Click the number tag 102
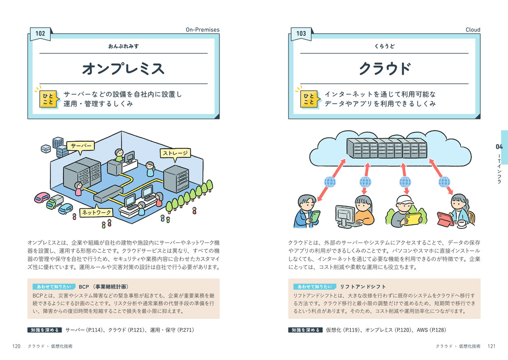pos(40,34)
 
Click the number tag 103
pos(301,34)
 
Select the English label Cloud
pos(472,30)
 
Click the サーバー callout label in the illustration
pos(81,146)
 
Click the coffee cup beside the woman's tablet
pos(463,222)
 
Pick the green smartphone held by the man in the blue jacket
pos(314,216)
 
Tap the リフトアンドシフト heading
pos(363,286)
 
